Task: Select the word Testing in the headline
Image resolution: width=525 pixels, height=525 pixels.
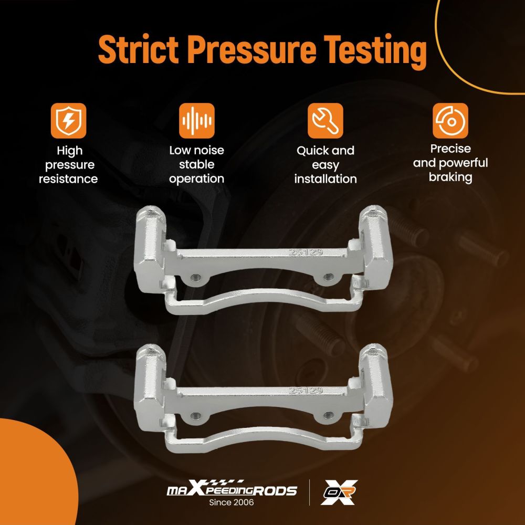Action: pos(375,51)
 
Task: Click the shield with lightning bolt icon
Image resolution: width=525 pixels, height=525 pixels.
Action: pos(69,121)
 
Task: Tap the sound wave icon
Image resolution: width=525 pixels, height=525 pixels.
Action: pos(196,121)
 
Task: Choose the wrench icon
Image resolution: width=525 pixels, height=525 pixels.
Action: pos(325,121)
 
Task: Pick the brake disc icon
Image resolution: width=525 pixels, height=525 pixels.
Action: pos(450,121)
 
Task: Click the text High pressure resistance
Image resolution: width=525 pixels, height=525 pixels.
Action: pos(69,164)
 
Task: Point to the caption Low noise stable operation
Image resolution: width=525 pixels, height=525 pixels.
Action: pos(196,164)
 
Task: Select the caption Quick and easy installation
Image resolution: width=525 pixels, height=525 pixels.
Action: pos(325,164)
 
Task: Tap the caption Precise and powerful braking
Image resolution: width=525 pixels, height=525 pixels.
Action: pos(450,163)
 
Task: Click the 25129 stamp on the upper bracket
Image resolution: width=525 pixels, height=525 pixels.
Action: pos(306,252)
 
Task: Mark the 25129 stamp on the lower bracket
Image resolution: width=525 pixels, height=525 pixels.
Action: pos(306,391)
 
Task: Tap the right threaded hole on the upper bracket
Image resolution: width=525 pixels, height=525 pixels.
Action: pos(329,277)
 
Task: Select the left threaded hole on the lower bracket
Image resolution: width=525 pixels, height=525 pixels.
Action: pos(196,416)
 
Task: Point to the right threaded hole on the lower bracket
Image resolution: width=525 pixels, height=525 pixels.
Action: pos(329,416)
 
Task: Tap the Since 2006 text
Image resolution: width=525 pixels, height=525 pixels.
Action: pos(232,502)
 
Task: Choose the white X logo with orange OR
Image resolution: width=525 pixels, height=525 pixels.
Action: pos(339,492)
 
